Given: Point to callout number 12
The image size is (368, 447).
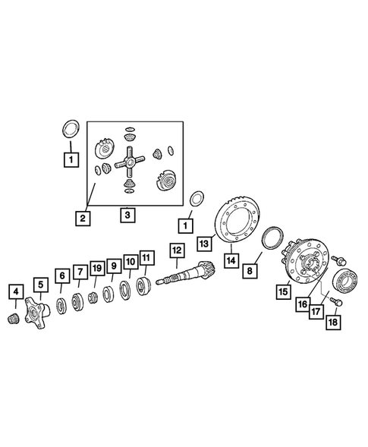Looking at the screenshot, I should point(176,250).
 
